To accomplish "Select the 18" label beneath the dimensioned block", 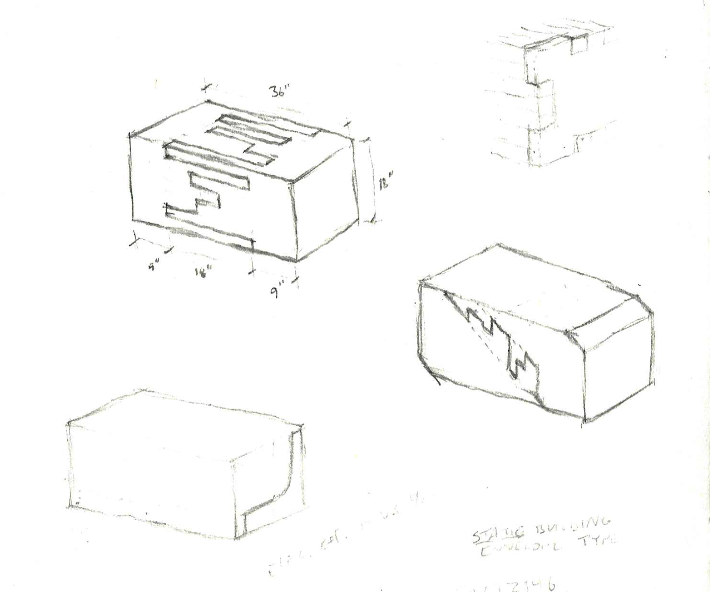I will click(203, 272).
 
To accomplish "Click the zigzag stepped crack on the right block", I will click(500, 344).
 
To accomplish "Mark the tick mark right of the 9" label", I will click(297, 283).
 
